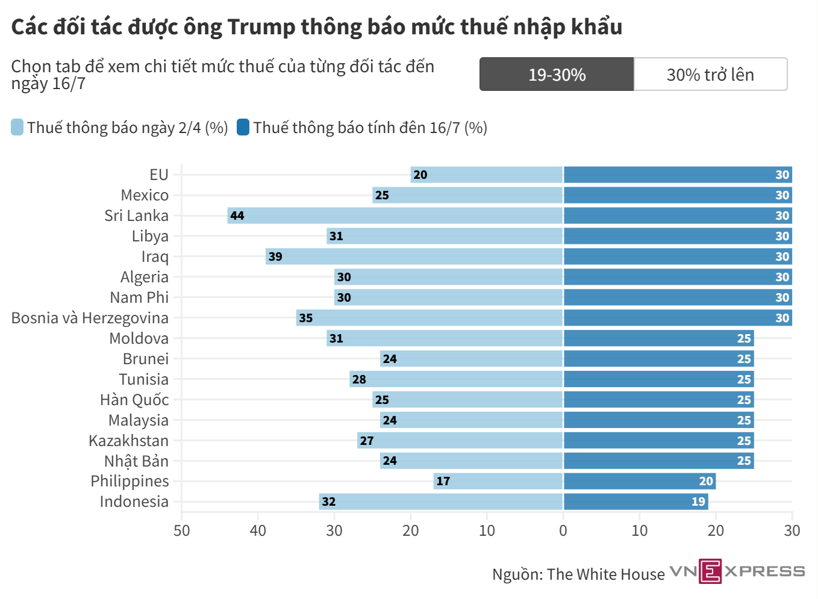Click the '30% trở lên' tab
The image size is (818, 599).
click(711, 74)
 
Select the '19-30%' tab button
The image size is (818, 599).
click(557, 74)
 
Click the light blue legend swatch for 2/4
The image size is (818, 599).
click(17, 127)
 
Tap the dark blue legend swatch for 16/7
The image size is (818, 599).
click(243, 127)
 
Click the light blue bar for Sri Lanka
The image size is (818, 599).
click(395, 216)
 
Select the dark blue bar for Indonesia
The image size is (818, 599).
click(636, 502)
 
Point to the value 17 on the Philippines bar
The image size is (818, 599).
click(443, 482)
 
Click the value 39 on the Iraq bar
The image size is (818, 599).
click(275, 256)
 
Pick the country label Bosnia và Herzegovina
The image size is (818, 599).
click(90, 318)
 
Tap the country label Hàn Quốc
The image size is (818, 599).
click(134, 400)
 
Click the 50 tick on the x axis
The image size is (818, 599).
click(181, 531)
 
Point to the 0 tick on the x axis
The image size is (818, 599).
click(563, 531)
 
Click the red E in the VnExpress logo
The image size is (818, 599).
click(710, 571)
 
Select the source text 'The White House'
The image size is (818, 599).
click(606, 574)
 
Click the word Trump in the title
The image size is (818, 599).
click(261, 26)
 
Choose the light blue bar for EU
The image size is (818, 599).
click(487, 175)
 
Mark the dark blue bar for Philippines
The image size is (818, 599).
click(640, 482)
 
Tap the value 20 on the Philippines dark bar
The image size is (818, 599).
click(706, 482)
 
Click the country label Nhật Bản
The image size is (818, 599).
click(137, 461)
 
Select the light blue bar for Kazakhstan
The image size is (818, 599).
click(460, 441)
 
